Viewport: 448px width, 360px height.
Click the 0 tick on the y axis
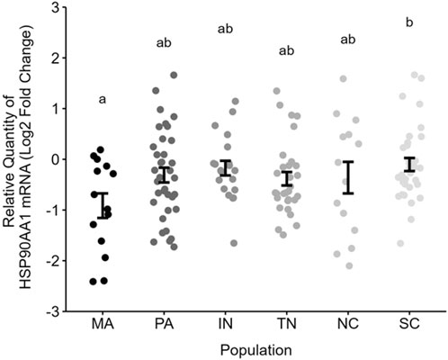[55, 159]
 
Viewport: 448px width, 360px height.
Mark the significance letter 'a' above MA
[103, 101]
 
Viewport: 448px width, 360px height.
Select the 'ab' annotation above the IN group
[225, 30]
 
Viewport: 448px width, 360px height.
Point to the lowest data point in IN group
[233, 243]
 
